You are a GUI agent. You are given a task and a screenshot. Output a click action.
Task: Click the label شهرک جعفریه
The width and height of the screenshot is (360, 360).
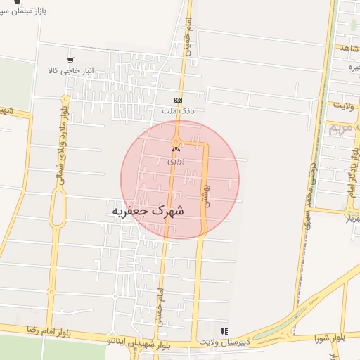[x=147, y=210]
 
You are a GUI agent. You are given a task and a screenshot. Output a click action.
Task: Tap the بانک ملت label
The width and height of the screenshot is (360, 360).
[x=177, y=110]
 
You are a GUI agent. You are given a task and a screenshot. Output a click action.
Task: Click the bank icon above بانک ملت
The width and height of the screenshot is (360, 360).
[x=177, y=99]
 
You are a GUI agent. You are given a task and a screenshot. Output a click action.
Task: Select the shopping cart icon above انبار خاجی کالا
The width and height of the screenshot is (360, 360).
[x=70, y=60]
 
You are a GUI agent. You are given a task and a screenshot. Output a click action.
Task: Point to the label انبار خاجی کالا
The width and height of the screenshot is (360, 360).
[x=70, y=71]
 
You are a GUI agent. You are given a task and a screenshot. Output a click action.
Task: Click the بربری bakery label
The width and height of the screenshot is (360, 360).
[x=175, y=160]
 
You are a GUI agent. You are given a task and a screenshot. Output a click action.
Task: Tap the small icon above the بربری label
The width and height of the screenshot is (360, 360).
[x=175, y=148]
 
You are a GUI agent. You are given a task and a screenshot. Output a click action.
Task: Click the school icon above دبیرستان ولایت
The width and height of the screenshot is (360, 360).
[x=224, y=330]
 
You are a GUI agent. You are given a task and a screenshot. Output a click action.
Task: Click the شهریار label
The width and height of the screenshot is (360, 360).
[x=349, y=219]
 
